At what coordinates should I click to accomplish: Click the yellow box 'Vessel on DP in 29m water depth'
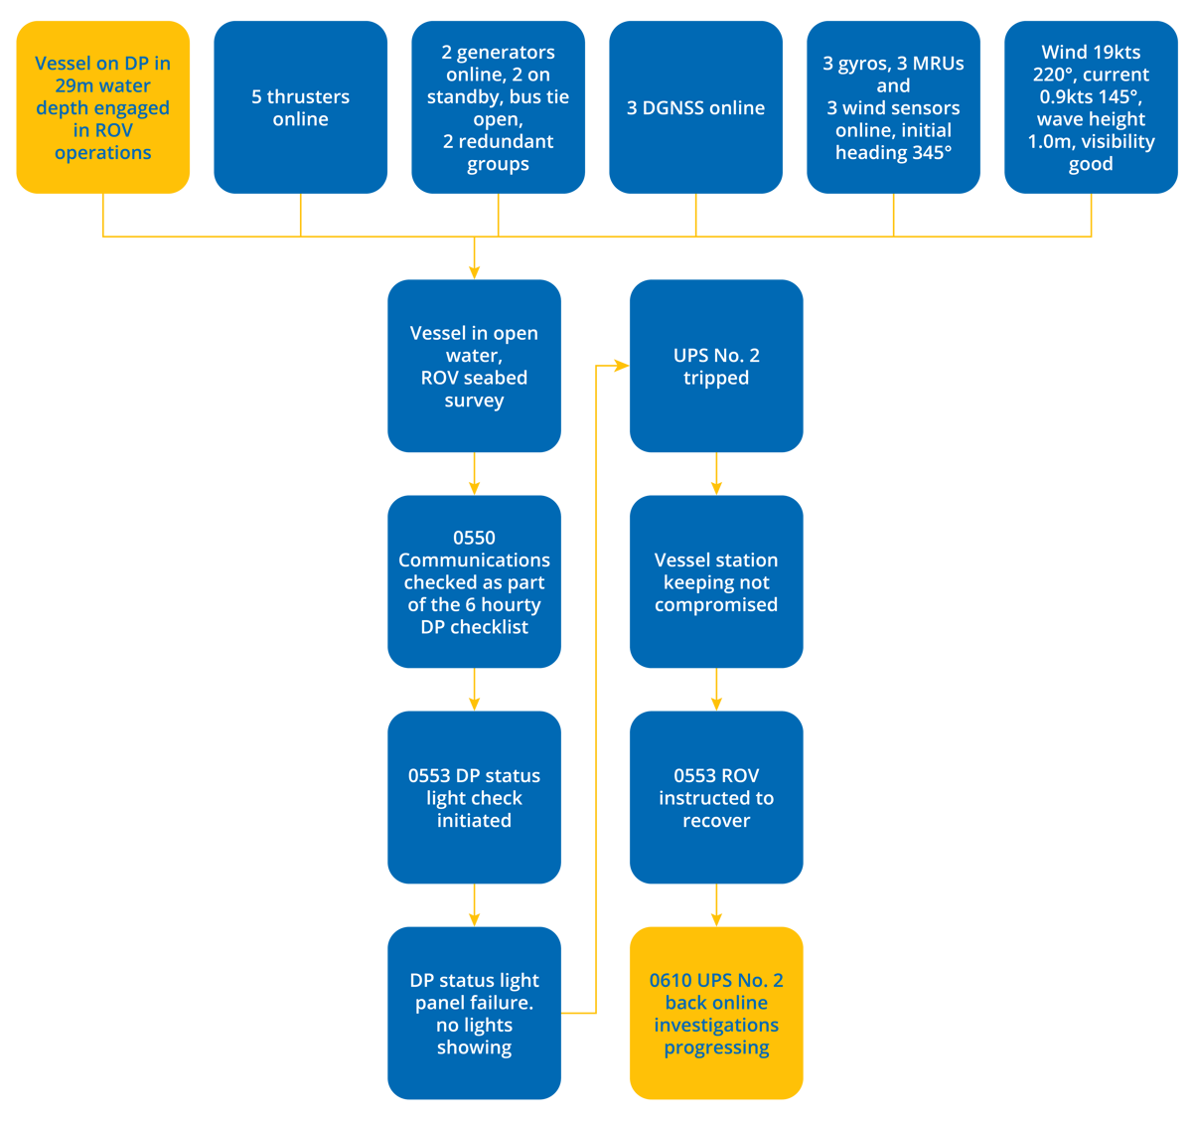(102, 107)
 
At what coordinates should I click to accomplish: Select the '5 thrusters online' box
(300, 107)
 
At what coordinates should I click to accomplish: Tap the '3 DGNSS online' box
(695, 107)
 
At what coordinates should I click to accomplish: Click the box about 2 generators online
(498, 107)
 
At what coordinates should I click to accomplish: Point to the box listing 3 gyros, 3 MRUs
(893, 107)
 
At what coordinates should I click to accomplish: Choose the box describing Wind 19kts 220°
(1091, 107)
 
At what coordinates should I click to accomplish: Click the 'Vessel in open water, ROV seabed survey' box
(474, 366)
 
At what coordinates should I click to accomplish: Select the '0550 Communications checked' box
(474, 581)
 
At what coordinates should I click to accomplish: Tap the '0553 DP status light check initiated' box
(474, 797)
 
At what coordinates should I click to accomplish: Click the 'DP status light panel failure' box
(474, 1013)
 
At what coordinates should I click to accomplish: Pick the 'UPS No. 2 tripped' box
(716, 366)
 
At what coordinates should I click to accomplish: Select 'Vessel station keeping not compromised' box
(716, 581)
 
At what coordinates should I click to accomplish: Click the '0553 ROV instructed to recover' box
(716, 797)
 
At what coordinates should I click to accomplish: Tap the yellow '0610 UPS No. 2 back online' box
(716, 1013)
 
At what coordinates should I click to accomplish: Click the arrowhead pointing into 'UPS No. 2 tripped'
(620, 366)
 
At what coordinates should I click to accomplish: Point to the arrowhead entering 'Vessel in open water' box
(474, 270)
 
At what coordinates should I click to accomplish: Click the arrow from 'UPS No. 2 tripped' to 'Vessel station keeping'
(716, 475)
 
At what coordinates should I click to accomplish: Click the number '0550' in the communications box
(474, 538)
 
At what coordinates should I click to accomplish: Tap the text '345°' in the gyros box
(931, 152)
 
